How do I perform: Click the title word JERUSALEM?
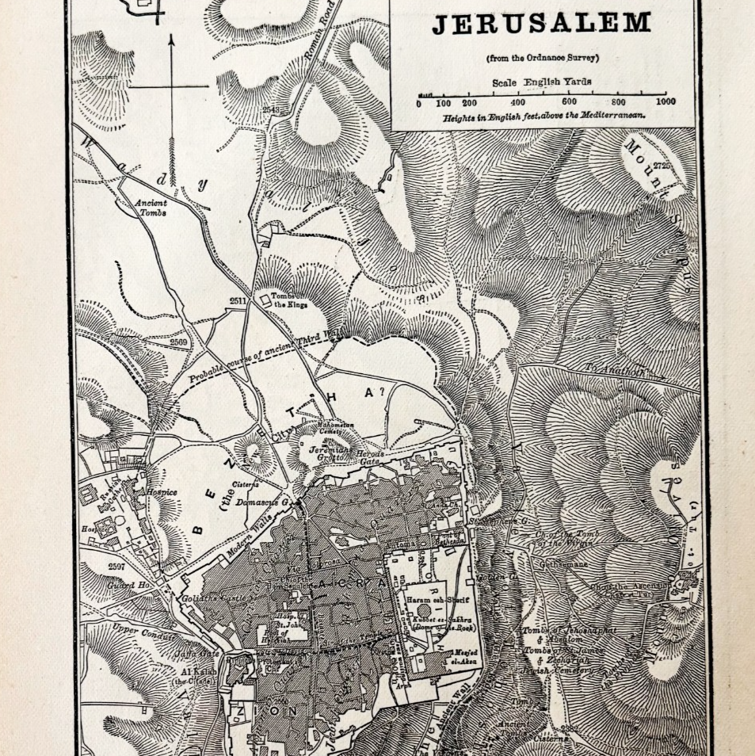coord(541,22)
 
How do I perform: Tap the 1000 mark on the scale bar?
coord(665,102)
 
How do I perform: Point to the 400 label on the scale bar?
coord(517,102)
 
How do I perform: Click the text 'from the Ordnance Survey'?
coord(542,58)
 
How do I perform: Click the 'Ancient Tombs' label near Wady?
coord(151,208)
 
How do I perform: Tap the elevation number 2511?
coord(238,301)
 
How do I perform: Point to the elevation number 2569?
coord(179,342)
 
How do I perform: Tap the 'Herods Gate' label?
coord(368,458)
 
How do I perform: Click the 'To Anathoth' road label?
coord(614,370)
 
